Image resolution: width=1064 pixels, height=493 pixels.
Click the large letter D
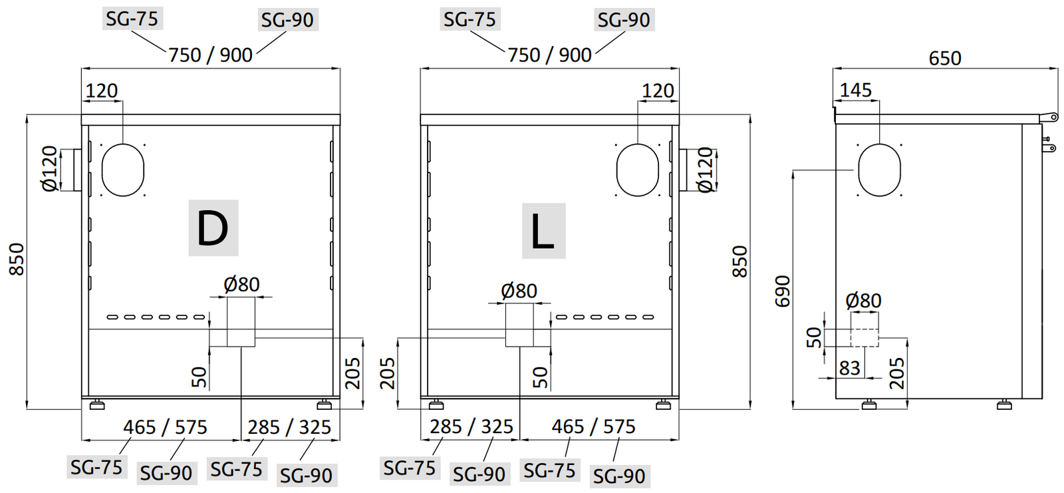[x=213, y=228]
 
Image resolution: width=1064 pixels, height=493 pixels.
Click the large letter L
[x=543, y=231]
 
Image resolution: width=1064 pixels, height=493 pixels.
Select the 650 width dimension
[x=944, y=59]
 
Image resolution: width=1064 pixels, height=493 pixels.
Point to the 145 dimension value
[x=855, y=90]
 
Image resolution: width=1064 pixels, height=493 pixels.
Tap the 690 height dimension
[x=783, y=291]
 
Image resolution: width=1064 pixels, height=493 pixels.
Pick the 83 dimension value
[x=849, y=368]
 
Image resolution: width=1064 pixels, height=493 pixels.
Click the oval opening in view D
[x=123, y=170]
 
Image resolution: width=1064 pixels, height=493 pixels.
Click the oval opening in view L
[x=638, y=170]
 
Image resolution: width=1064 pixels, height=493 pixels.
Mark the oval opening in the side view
[x=879, y=170]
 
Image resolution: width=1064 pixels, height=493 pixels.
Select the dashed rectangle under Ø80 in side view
[x=864, y=338]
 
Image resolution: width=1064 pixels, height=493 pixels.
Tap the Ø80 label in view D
[x=241, y=285]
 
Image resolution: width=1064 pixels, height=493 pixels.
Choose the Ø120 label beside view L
[x=706, y=170]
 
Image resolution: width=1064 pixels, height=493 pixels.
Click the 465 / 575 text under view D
[x=165, y=427]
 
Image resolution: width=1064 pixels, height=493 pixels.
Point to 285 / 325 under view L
[x=471, y=426]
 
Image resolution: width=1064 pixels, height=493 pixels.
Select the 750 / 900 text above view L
[x=549, y=55]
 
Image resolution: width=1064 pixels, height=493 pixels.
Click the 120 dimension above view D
[x=101, y=90]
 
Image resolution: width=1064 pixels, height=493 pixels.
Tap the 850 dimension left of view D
[x=17, y=259]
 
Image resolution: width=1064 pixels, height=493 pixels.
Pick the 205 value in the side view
[x=896, y=373]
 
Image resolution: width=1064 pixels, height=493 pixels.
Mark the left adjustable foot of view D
[x=97, y=404]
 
